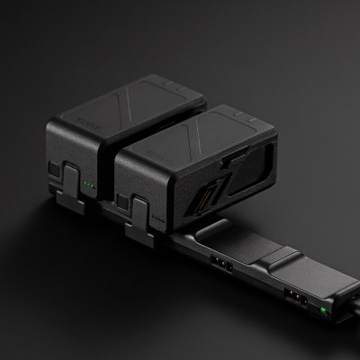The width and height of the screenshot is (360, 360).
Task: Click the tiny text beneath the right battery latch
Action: pos(158,219)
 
